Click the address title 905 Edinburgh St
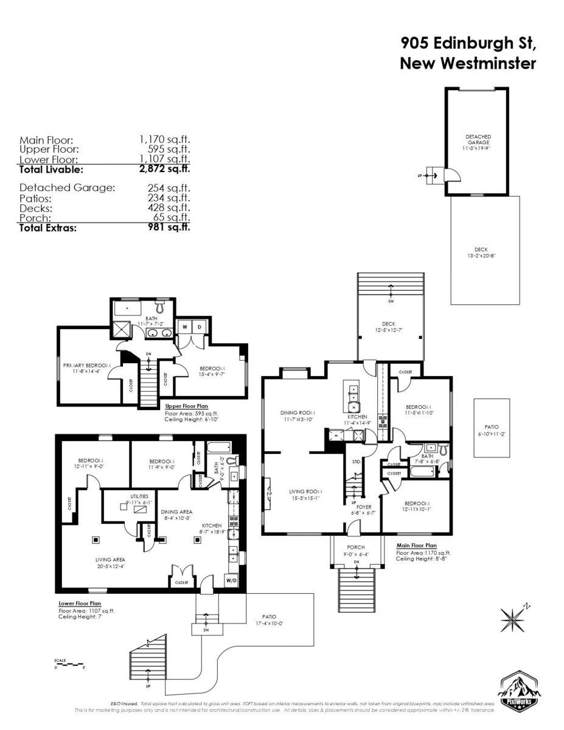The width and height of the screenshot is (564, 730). pyautogui.click(x=468, y=43)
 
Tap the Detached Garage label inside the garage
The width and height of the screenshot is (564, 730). pyautogui.click(x=478, y=140)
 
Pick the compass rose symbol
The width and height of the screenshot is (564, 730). pyautogui.click(x=513, y=619)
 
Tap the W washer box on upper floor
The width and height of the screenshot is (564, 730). pyautogui.click(x=184, y=327)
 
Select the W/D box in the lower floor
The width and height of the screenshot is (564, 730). pyautogui.click(x=232, y=580)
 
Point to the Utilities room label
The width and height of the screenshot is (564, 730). pyautogui.click(x=139, y=496)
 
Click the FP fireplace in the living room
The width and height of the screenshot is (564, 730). pyautogui.click(x=269, y=494)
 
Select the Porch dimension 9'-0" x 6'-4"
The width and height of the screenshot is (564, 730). pyautogui.click(x=356, y=554)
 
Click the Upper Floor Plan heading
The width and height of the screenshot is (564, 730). pyautogui.click(x=188, y=406)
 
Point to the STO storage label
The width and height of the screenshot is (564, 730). pyautogui.click(x=356, y=462)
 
